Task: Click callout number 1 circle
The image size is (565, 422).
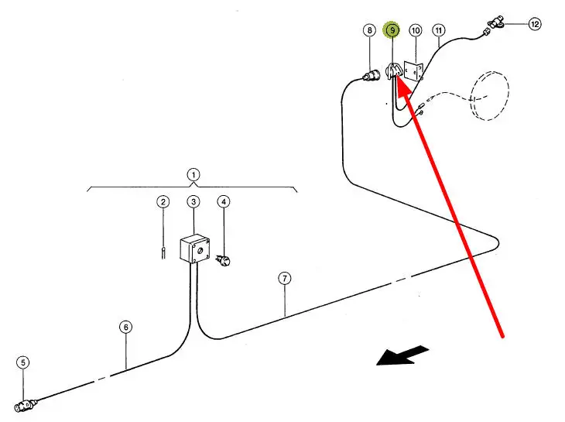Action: click(x=193, y=174)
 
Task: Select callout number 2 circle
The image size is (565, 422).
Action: click(x=163, y=202)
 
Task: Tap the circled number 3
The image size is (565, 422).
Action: click(x=193, y=202)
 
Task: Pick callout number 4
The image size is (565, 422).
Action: click(x=224, y=202)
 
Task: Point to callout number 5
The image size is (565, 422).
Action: click(x=23, y=362)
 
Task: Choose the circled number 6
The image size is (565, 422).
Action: click(x=126, y=327)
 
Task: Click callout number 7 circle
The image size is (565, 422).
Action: click(x=286, y=279)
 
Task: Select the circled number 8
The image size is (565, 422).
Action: click(x=369, y=30)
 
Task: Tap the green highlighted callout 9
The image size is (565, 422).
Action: click(x=392, y=30)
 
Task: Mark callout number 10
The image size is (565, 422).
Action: click(x=416, y=30)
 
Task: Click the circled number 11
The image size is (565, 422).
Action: click(x=439, y=30)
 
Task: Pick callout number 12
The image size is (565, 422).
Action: click(x=535, y=24)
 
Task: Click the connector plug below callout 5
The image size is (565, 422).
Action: click(x=29, y=404)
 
